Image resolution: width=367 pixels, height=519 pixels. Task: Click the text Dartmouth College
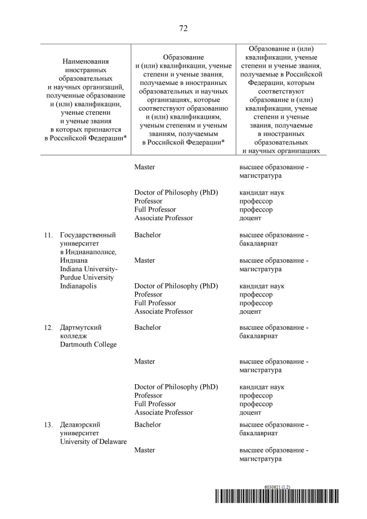tap(88, 345)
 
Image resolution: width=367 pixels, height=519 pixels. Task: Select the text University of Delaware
tap(93, 442)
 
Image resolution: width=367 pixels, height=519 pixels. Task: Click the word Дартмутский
tap(81, 327)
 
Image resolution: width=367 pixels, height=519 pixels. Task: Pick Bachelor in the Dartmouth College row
tap(147, 327)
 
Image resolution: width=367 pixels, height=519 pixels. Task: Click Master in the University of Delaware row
tap(145, 450)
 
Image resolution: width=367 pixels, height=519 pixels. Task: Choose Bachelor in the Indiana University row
tap(147, 235)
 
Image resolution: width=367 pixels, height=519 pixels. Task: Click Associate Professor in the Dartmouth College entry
tap(163, 412)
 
